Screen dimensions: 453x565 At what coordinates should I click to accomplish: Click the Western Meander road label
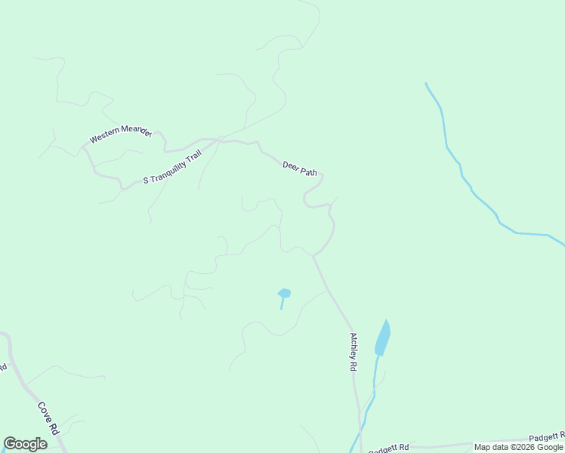(121, 136)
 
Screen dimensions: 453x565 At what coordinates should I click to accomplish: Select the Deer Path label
(299, 168)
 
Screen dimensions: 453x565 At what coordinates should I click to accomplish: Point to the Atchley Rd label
(353, 352)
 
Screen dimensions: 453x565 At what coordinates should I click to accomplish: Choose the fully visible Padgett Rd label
(388, 448)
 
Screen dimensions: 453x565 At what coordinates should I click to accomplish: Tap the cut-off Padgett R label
(546, 436)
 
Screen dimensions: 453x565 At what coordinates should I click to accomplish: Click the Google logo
(25, 444)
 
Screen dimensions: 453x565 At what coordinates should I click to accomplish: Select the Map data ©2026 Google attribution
(518, 447)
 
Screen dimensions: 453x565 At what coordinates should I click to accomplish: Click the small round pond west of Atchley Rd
(284, 293)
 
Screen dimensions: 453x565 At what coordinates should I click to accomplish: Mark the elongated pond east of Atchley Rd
(383, 337)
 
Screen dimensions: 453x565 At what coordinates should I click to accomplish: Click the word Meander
(137, 134)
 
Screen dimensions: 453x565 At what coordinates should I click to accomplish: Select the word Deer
(291, 165)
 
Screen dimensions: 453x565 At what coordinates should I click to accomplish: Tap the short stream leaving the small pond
(282, 303)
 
